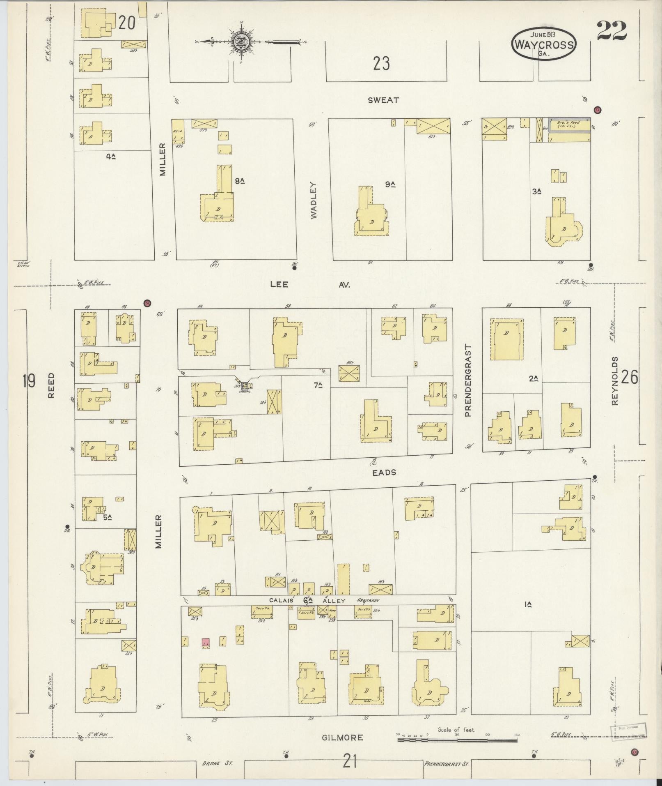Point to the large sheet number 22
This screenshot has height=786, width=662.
(x=611, y=31)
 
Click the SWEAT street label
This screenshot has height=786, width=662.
(x=383, y=100)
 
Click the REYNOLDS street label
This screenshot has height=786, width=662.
(x=614, y=381)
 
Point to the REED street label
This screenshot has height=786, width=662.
(x=51, y=385)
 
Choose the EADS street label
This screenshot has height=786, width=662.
(x=384, y=473)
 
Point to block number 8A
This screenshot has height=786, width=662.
(x=240, y=180)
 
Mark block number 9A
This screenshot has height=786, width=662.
(x=390, y=184)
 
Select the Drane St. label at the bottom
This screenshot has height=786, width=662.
(x=217, y=763)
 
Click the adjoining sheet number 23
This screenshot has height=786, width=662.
(x=381, y=64)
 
